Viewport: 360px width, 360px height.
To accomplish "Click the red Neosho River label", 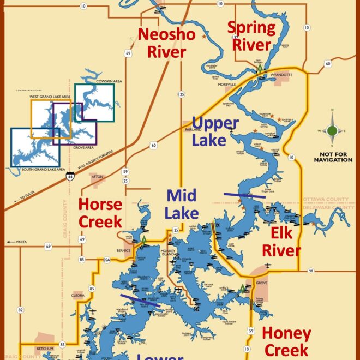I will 162,43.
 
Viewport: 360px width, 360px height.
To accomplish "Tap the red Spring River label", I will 251,36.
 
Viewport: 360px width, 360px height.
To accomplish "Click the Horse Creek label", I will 100,212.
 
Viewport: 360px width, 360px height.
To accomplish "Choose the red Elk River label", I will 281,242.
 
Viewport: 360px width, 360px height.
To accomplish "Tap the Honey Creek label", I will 286,341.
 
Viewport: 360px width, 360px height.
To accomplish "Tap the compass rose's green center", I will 332,130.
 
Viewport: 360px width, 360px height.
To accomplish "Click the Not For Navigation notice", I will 332,157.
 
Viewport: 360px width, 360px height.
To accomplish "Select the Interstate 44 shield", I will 70,177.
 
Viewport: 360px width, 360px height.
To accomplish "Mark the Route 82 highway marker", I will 21,310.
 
